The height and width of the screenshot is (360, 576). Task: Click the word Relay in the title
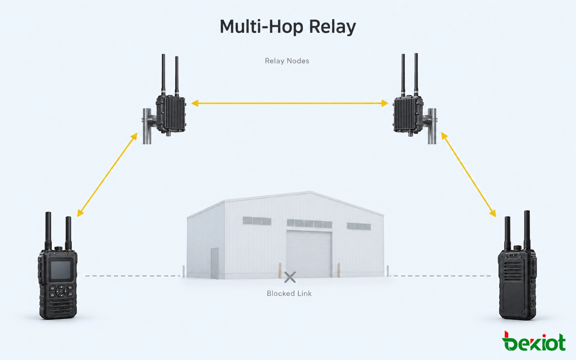coord(332,27)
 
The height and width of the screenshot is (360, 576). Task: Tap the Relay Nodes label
coord(287,61)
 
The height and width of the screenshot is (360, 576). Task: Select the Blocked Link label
coord(289,294)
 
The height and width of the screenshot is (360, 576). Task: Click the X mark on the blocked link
coord(290,277)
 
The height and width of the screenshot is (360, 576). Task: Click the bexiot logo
coord(534,341)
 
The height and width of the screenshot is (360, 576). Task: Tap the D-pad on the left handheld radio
coord(61,291)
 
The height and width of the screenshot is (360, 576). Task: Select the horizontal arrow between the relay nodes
coord(290,103)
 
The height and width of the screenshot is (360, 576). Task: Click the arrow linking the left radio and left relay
coord(107,175)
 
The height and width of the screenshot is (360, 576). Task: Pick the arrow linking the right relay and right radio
coord(469,175)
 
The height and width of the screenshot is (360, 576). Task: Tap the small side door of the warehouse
coord(215,263)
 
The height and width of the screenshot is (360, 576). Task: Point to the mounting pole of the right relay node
coord(432,126)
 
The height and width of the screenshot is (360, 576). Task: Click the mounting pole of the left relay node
coord(147,126)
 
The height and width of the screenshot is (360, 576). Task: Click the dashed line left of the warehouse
coord(133,276)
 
